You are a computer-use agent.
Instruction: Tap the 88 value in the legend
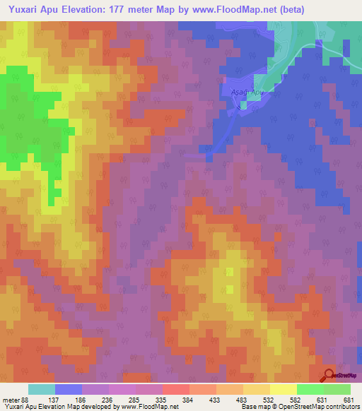[x=27, y=400]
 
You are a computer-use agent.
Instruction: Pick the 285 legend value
[x=136, y=400]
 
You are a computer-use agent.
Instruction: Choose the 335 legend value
[x=163, y=400]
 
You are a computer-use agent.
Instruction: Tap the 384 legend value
[x=189, y=400]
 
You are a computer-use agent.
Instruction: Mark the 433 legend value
[x=216, y=400]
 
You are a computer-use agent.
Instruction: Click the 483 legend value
[x=243, y=400]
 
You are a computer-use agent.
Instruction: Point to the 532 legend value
[x=270, y=400]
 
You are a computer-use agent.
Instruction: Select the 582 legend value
[x=297, y=400]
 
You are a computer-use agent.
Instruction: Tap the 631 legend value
[x=324, y=400]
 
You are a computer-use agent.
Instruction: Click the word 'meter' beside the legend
[x=11, y=400]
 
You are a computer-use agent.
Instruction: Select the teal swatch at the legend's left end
[x=42, y=389]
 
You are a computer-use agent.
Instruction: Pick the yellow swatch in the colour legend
[x=283, y=389]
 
